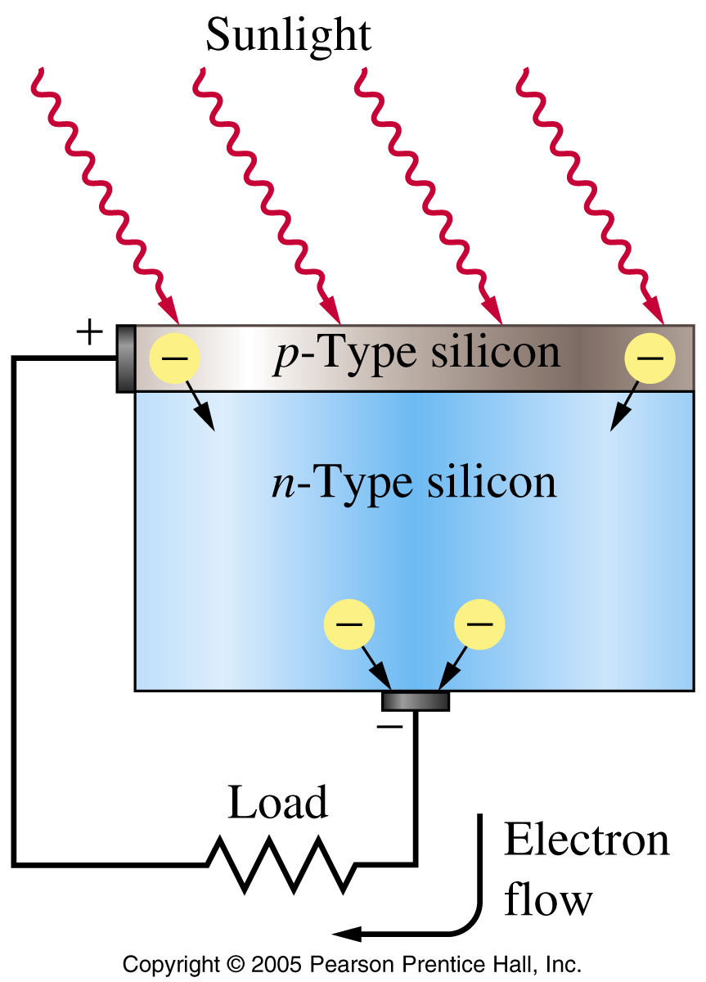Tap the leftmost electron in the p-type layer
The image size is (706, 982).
174,358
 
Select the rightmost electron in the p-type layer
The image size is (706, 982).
650,358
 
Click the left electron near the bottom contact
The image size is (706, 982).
349,624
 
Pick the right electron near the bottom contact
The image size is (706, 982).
479,624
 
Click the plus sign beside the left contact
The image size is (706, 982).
89,332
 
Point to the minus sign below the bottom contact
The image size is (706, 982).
389,727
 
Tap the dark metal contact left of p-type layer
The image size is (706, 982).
126,358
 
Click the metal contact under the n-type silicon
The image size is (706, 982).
416,701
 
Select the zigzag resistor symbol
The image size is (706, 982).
281,864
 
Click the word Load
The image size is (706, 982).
278,802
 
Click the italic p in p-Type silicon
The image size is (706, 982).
286,358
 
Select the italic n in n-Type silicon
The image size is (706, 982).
284,487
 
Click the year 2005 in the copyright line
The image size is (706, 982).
276,964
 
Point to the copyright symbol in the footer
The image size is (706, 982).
236,964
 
